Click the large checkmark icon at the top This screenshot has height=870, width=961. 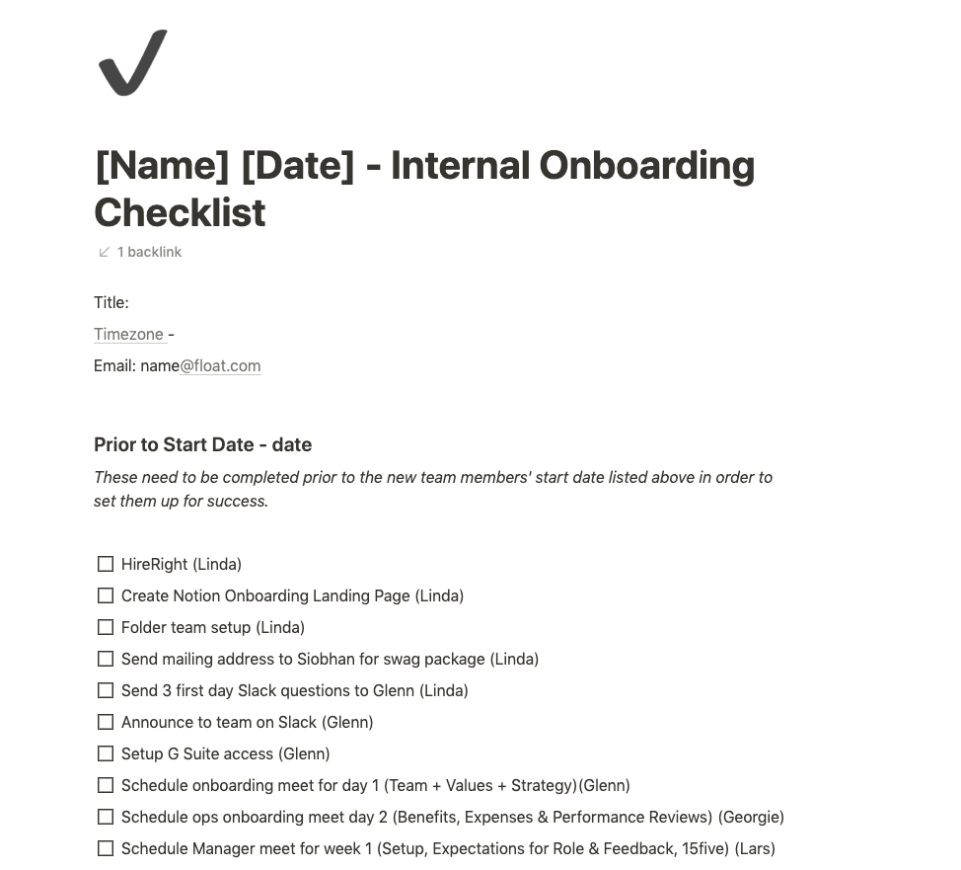click(x=132, y=63)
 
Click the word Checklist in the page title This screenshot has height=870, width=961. click(x=180, y=212)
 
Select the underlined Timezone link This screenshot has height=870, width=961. click(x=128, y=334)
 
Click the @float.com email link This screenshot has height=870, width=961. click(x=220, y=365)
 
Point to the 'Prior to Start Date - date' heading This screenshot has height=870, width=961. click(x=202, y=444)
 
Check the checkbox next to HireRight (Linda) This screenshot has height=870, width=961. click(x=106, y=564)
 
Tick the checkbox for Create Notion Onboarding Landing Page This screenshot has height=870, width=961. click(x=106, y=595)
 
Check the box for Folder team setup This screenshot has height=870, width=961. click(x=106, y=627)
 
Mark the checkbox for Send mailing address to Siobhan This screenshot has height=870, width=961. click(x=106, y=659)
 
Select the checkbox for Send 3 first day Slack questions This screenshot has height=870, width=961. click(x=106, y=690)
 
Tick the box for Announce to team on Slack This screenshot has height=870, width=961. click(x=106, y=722)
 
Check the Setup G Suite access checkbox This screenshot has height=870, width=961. click(x=106, y=753)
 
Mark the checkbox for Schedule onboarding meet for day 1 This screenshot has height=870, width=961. click(x=106, y=785)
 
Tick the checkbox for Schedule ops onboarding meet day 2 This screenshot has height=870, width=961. click(x=106, y=817)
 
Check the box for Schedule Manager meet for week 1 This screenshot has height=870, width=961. click(x=106, y=848)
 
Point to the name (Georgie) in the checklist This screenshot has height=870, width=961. click(x=751, y=817)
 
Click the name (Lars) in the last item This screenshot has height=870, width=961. click(x=755, y=848)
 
